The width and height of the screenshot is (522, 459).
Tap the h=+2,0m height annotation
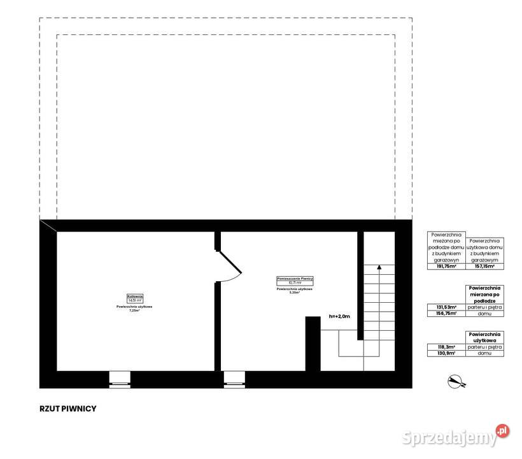[x=340, y=316]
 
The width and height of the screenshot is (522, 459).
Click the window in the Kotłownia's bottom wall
[x=120, y=379]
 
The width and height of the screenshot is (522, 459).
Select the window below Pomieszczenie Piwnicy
[x=234, y=379]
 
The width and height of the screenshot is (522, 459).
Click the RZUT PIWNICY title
[x=67, y=409]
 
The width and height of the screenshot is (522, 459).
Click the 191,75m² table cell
[x=446, y=266]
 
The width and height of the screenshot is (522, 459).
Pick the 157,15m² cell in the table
[x=485, y=266]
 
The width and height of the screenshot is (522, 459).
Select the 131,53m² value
[x=446, y=308]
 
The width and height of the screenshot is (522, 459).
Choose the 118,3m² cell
[x=446, y=347]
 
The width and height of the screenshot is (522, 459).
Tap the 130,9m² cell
[x=446, y=353]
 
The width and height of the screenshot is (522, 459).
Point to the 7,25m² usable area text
[x=134, y=310]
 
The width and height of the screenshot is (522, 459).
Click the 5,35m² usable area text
[x=294, y=293]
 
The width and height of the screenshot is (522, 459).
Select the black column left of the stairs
[x=313, y=344]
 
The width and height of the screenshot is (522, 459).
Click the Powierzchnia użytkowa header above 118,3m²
[x=485, y=337]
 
